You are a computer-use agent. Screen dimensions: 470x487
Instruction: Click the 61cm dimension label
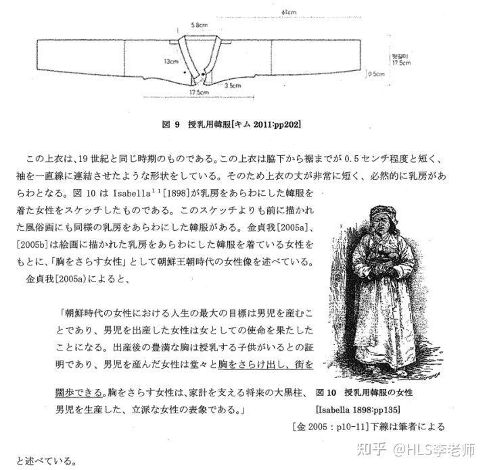point(288,11)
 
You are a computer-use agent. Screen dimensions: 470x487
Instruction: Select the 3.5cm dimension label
point(232,86)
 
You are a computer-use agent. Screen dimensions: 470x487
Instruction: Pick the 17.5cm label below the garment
point(197,92)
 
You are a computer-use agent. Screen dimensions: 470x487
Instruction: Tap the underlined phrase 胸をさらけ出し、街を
point(264,365)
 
